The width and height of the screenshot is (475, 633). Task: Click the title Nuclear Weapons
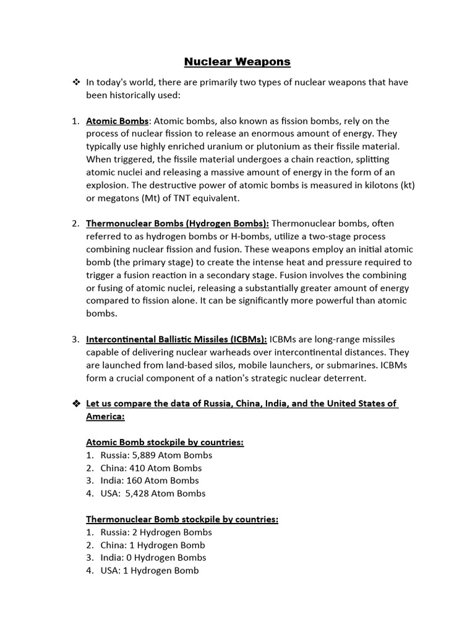237,62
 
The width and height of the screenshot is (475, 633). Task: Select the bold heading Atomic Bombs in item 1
117,121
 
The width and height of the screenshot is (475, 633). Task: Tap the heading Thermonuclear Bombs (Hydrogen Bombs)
178,223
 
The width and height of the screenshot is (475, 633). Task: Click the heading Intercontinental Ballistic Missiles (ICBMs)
176,339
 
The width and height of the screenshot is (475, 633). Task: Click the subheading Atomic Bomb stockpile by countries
165,442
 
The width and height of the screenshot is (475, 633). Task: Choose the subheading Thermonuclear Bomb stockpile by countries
182,519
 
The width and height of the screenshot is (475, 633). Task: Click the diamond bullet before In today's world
77,82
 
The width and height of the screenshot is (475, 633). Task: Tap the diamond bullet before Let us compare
77,404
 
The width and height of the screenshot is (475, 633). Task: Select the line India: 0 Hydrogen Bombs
145,558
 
